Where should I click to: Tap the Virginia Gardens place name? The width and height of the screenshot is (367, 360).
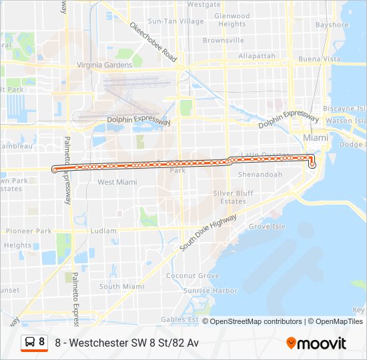point(105,65)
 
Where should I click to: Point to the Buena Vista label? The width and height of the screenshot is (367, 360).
point(320,59)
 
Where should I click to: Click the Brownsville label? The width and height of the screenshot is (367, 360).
point(224,40)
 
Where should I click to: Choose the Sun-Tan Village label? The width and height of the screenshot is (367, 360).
point(176,21)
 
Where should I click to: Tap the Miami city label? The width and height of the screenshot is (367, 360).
point(316,137)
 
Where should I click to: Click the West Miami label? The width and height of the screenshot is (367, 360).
point(117,182)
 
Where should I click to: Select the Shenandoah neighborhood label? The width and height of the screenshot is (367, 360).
point(257,175)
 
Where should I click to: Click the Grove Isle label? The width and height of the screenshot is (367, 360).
point(267,227)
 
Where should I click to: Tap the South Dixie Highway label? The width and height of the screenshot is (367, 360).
point(208,233)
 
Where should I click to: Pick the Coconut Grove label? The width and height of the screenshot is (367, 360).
point(193,276)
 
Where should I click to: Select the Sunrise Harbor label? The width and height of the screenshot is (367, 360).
point(210,291)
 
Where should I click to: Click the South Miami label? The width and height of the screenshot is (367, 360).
point(121,287)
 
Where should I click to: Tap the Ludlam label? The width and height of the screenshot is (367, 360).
point(103,231)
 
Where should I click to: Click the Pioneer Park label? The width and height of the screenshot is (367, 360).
point(29,231)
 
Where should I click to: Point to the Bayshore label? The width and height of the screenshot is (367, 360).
point(332,25)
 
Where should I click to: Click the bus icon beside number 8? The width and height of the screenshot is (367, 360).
point(30,343)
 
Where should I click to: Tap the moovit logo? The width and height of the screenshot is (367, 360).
point(316,343)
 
